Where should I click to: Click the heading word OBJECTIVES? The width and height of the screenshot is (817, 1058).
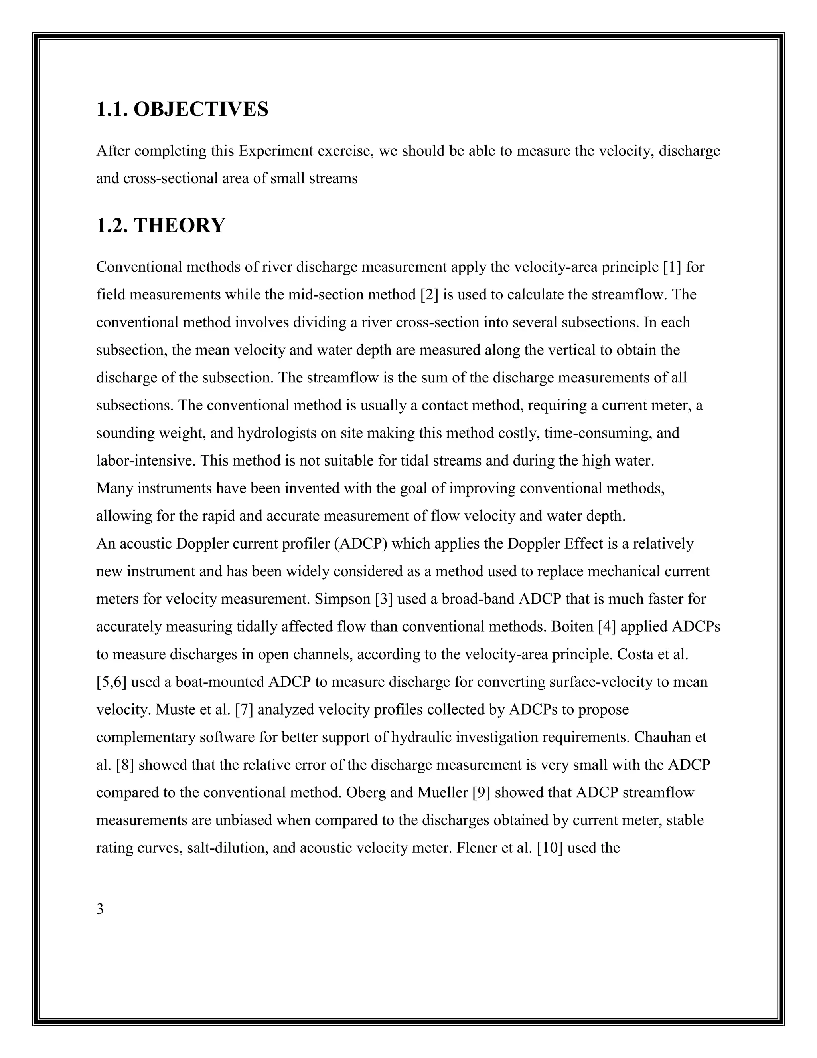pyautogui.click(x=200, y=109)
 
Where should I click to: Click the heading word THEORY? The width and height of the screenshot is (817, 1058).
pyautogui.click(x=179, y=226)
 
